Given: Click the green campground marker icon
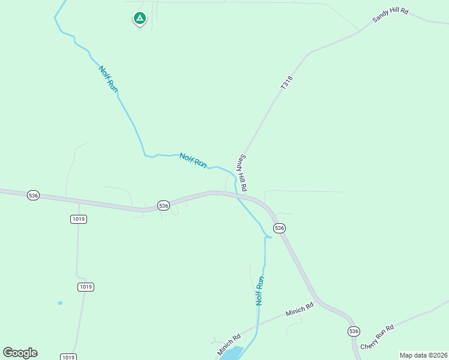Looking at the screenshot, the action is (x=139, y=19).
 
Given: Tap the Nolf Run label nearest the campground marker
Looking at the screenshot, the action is (x=109, y=79).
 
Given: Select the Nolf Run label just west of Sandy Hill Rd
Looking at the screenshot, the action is (x=193, y=160).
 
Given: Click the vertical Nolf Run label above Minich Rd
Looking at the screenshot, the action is (x=260, y=291).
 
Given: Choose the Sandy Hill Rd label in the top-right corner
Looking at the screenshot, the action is (x=390, y=16).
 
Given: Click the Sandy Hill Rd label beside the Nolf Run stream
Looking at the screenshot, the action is (x=243, y=173).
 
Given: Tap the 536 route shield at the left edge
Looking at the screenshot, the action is (x=34, y=196).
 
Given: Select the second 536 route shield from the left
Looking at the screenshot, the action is (x=164, y=206).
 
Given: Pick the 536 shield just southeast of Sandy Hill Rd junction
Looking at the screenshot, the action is (x=279, y=228).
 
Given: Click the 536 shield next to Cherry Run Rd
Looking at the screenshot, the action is (x=354, y=331).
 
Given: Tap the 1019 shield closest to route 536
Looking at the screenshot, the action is (x=79, y=219).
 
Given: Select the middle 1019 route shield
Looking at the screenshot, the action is (x=86, y=287).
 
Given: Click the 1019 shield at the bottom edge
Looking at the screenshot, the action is (x=68, y=357).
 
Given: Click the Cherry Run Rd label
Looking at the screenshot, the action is (x=377, y=337).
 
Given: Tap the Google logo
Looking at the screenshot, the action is (x=20, y=353).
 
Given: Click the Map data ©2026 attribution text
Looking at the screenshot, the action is (x=423, y=355).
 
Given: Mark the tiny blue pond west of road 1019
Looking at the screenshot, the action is (x=60, y=303).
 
